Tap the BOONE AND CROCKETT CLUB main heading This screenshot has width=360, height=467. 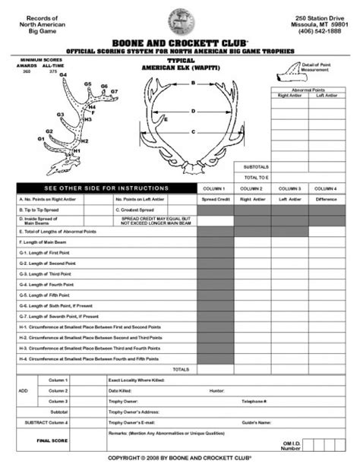(x=180, y=43)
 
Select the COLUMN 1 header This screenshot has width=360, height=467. (x=216, y=188)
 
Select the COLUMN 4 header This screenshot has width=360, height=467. (x=327, y=188)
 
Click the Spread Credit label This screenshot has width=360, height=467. (x=216, y=199)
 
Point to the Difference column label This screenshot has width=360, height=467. (x=327, y=199)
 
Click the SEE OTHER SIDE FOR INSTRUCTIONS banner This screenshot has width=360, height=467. (x=106, y=188)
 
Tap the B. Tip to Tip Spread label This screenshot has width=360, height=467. (x=39, y=209)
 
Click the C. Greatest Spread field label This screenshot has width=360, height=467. (x=136, y=209)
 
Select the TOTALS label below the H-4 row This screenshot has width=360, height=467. (x=181, y=368)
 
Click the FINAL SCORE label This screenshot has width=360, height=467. (x=52, y=440)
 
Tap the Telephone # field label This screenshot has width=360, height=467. (x=254, y=400)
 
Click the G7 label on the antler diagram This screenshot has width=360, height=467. (x=114, y=91)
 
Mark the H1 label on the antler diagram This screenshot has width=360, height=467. (x=76, y=151)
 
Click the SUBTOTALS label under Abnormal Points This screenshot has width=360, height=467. (x=256, y=166)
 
